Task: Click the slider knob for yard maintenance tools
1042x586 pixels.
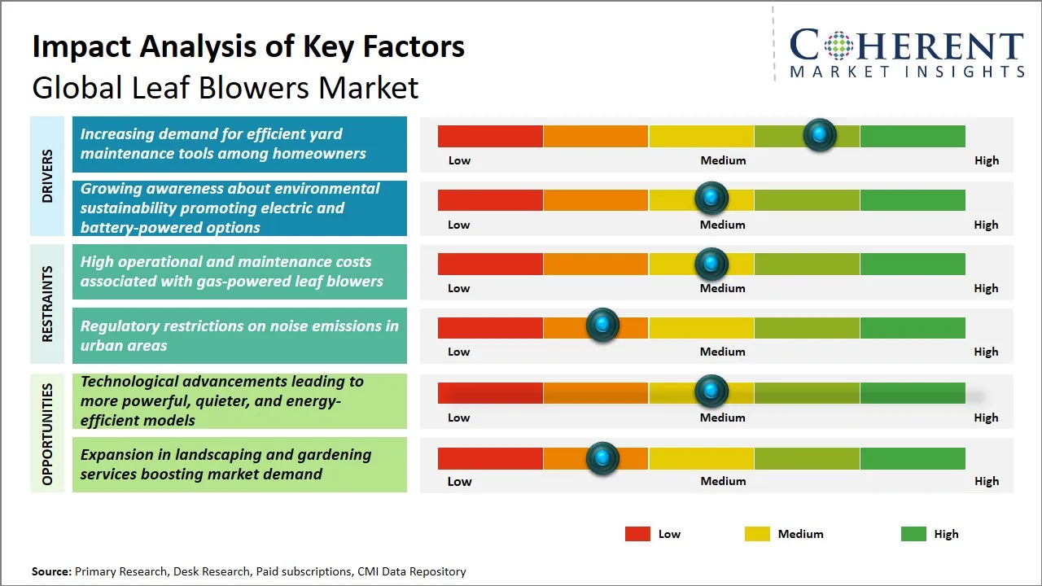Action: point(820,134)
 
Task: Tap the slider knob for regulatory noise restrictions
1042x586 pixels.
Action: point(602,326)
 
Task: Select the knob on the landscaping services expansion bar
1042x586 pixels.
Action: point(602,458)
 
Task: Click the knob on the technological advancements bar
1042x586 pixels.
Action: point(711,391)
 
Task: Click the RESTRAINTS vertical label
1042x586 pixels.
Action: point(46,304)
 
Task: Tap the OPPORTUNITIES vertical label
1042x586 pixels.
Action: point(46,434)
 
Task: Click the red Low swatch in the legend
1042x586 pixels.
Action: point(637,534)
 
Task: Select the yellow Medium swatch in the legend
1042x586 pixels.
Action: point(757,534)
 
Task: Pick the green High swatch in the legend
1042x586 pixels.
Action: point(913,534)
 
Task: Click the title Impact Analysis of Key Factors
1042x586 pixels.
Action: point(248,47)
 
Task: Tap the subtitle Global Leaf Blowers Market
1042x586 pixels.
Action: point(225,87)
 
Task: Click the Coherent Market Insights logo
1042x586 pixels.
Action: point(906,53)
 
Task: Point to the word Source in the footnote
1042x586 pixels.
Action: point(51,571)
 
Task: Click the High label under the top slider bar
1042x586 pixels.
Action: point(987,160)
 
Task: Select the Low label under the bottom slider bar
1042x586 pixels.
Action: point(459,481)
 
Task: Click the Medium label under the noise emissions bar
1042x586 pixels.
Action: point(723,352)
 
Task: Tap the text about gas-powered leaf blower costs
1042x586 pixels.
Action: point(232,272)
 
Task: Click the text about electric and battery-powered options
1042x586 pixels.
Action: point(230,208)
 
